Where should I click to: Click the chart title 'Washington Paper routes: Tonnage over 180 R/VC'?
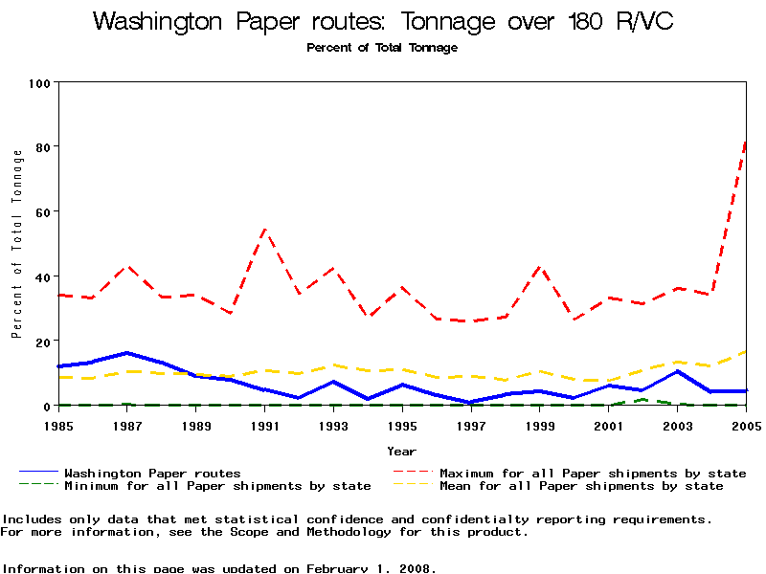click(383, 22)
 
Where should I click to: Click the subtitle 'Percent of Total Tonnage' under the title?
click(382, 48)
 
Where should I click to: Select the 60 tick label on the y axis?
click(41, 212)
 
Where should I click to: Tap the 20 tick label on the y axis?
click(41, 342)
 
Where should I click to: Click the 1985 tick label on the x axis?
click(58, 424)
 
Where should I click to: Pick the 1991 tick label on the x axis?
click(264, 424)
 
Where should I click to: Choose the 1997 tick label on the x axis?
click(471, 424)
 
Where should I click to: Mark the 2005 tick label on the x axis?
click(746, 424)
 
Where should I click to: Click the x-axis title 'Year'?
click(401, 451)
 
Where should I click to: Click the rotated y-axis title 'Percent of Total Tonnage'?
click(16, 244)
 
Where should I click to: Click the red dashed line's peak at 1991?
click(264, 230)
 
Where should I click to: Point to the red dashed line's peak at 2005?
click(746, 142)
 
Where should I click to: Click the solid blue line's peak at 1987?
click(127, 353)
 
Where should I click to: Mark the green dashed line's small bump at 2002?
click(642, 399)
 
